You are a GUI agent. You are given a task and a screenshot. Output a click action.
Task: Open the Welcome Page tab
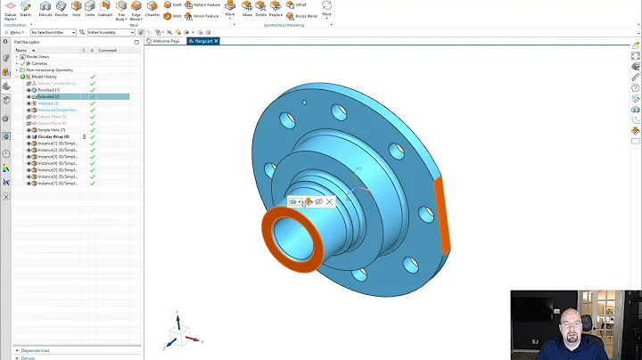164,41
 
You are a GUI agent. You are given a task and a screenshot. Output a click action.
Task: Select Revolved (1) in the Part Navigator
48,90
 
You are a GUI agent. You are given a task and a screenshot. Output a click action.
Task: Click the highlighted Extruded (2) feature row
48,96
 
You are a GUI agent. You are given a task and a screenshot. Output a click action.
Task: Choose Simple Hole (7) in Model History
51,130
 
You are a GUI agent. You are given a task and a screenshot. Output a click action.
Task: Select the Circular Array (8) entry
53,136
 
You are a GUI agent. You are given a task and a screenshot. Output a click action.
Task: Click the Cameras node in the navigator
40,63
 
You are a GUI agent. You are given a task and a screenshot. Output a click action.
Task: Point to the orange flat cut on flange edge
441,218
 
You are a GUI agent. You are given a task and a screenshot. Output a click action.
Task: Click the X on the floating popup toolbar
329,202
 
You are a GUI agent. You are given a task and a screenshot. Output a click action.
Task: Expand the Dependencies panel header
36,350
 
